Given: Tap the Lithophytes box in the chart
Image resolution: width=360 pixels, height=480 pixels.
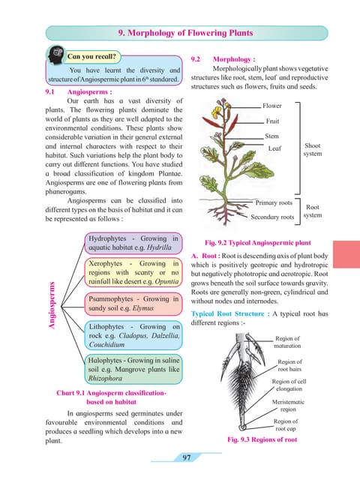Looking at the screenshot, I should (133, 336).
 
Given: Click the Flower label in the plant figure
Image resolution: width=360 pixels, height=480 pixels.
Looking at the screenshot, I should (272, 106).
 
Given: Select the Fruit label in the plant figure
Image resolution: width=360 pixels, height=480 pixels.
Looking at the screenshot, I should (271, 121).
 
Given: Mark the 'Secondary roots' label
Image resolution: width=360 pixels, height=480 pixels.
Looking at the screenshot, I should (272, 217).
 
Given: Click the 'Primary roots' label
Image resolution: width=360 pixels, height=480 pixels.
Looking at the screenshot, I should (274, 202).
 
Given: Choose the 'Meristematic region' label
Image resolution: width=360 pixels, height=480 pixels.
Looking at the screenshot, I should (288, 406).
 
